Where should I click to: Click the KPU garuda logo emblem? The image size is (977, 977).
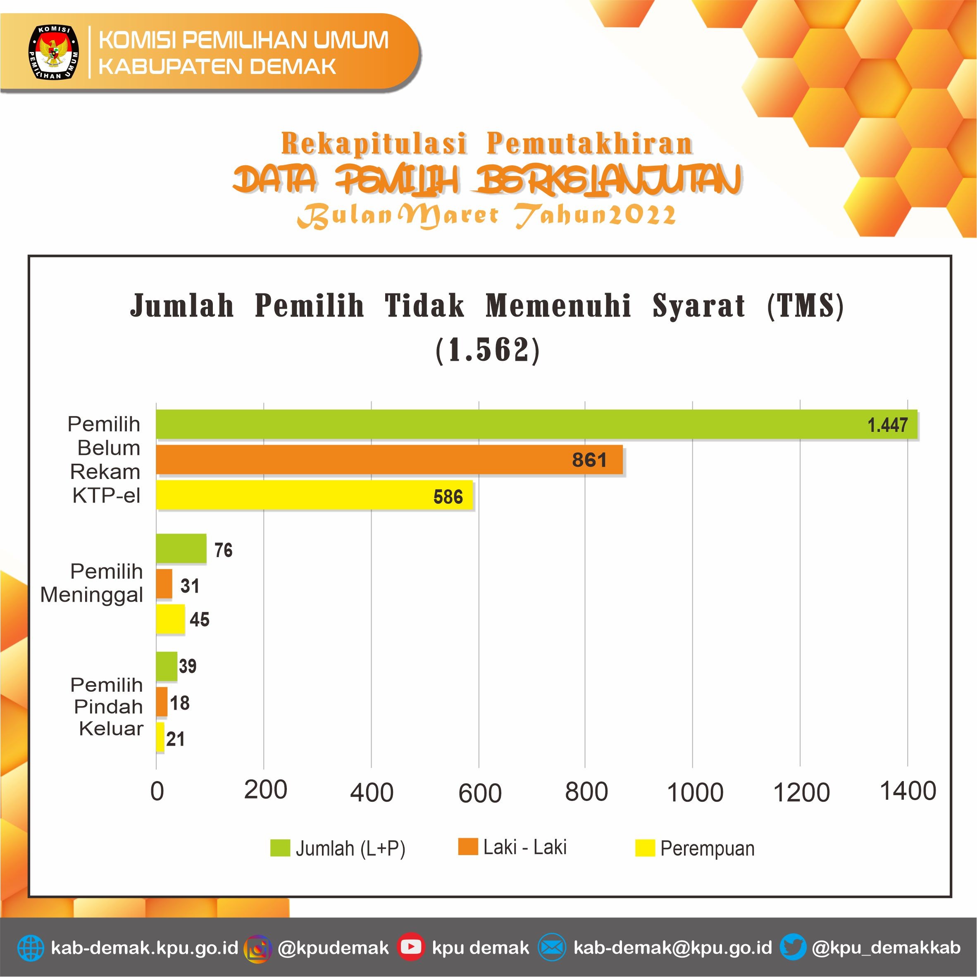(53, 52)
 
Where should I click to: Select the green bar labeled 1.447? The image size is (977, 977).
(536, 424)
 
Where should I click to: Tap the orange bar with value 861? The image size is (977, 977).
(389, 460)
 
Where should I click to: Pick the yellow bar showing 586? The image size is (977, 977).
(314, 495)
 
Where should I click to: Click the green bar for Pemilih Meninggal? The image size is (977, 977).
(181, 548)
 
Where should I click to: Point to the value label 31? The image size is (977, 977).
(190, 586)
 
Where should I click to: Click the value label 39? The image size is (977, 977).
(188, 665)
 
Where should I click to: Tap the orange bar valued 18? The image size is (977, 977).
(161, 701)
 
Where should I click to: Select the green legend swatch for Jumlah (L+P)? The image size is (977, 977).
(280, 848)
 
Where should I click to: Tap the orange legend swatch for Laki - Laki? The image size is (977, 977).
(468, 846)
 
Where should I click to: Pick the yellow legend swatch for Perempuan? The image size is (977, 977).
(645, 848)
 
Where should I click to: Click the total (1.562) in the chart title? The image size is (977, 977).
(488, 350)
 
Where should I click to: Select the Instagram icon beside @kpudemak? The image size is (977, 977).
(258, 947)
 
